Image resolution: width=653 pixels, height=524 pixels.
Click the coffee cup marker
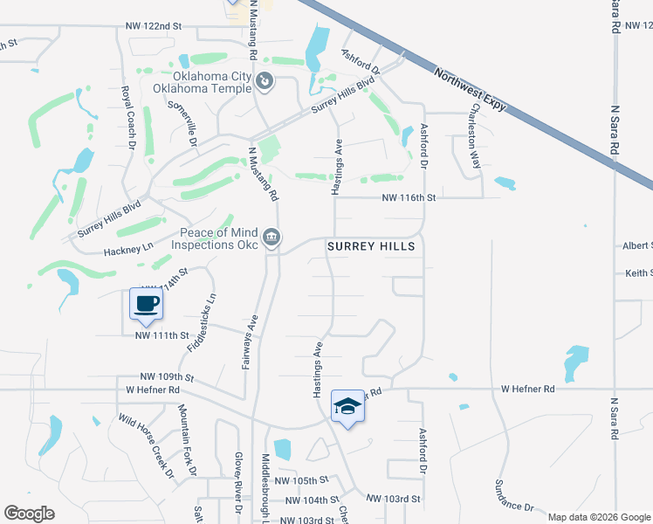[x=146, y=303]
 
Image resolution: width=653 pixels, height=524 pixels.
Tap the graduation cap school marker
[x=347, y=406]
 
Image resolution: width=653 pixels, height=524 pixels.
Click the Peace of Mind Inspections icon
[x=272, y=237]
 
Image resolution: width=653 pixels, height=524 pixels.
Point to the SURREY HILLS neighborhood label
[x=371, y=247]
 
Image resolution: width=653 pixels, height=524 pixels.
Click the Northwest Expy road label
[x=470, y=91]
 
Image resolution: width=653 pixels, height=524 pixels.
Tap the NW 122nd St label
[x=153, y=28]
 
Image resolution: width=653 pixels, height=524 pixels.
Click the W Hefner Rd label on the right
[x=527, y=389]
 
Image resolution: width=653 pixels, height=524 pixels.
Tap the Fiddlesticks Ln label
[x=200, y=322]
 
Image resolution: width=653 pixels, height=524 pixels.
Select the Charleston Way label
[x=475, y=135]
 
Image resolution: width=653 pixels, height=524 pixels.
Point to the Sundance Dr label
[x=514, y=494]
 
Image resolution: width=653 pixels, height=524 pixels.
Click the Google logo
[x=29, y=514]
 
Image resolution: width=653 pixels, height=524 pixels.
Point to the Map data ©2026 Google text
[x=599, y=517]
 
